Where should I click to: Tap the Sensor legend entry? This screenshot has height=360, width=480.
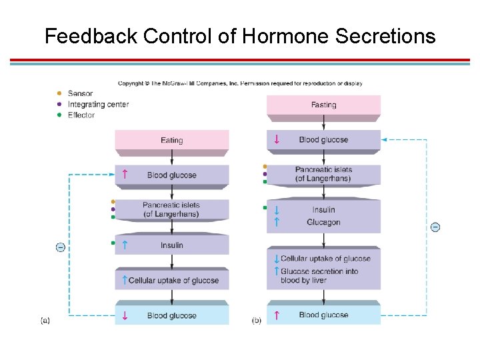coord(80,94)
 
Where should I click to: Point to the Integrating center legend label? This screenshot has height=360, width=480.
coord(98,105)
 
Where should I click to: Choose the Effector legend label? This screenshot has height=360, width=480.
coord(81,115)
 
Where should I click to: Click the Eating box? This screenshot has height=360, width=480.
coord(172,141)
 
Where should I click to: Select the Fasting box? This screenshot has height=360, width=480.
coord(323,105)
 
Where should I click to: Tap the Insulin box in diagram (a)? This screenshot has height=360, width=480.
coord(172,245)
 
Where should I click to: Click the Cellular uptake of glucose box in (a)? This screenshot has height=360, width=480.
coord(172,281)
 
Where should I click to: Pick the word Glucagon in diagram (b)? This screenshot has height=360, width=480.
coord(323,223)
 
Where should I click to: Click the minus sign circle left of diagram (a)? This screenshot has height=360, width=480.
coord(60,247)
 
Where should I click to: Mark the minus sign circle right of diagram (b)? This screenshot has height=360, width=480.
coord(435,227)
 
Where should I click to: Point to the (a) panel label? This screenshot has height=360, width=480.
coord(45,321)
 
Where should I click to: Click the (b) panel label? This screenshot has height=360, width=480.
coord(257,321)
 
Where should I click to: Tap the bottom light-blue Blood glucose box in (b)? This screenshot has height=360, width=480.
coord(323,315)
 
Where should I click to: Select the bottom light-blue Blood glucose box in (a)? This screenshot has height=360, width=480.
coord(172,315)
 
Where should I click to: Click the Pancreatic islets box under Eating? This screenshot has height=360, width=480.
coord(172,209)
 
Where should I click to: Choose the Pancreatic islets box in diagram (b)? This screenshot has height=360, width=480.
coord(323,174)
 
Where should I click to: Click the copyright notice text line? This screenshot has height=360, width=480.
coord(240,83)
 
